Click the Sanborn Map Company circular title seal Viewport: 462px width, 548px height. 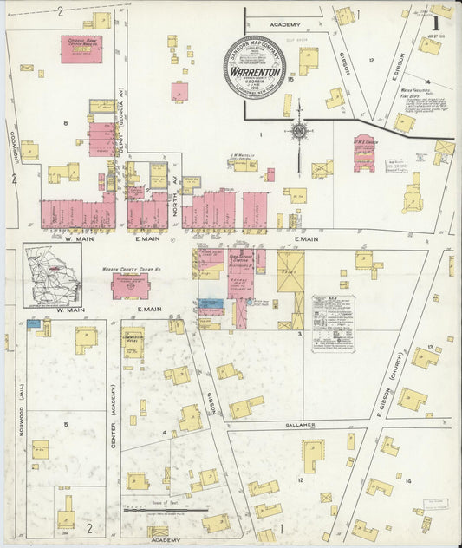tap(254, 67)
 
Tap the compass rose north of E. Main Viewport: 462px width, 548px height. tap(299, 132)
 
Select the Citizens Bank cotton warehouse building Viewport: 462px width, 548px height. tap(81, 49)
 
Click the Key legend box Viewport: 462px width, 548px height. tap(333, 323)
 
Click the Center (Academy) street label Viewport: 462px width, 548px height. tap(113, 416)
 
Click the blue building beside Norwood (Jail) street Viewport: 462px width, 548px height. tap(33, 323)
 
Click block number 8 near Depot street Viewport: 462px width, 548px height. tap(65, 123)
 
